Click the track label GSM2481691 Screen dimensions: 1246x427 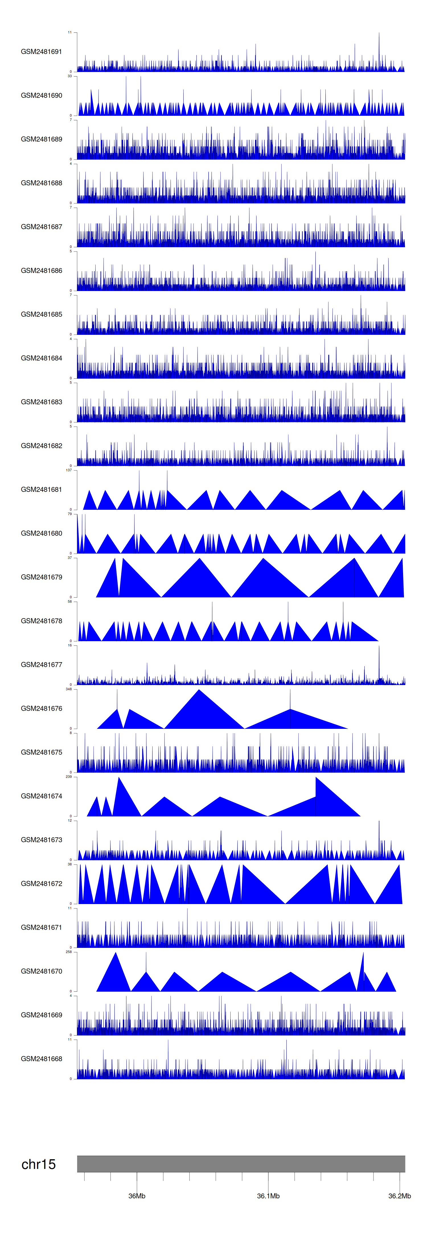(x=41, y=52)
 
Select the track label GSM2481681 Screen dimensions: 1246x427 (x=41, y=490)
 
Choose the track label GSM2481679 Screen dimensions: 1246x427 (x=41, y=577)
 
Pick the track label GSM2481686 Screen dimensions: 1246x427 (x=41, y=270)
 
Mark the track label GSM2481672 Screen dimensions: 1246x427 (x=41, y=883)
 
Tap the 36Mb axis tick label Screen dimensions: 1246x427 (x=137, y=1196)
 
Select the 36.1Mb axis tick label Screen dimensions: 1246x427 (x=268, y=1196)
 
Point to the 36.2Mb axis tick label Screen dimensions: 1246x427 (x=399, y=1196)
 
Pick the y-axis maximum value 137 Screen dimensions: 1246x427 (x=69, y=470)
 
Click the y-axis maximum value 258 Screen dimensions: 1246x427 (x=69, y=952)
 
